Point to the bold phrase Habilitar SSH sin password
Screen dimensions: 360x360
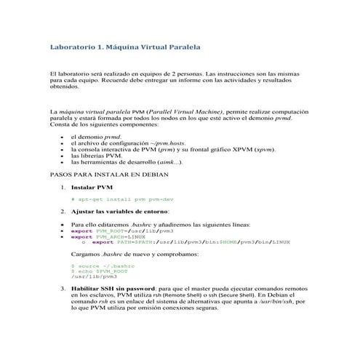[x=112, y=288]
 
